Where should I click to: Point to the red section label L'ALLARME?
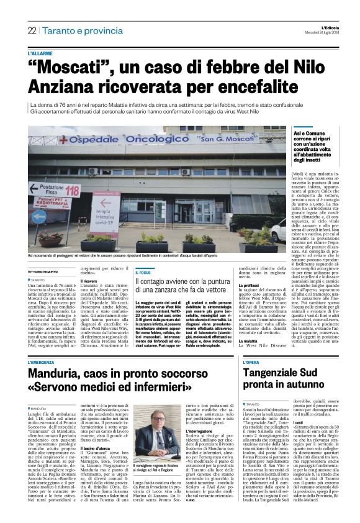click(40, 54)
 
